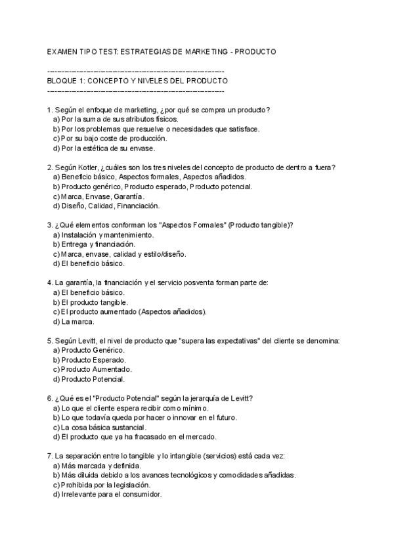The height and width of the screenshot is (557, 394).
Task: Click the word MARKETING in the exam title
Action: [x=204, y=51]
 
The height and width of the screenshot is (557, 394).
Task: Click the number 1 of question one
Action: [x=50, y=110]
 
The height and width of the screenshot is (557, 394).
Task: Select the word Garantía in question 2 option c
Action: [x=129, y=196]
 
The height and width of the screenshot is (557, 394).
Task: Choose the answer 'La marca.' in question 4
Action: [x=77, y=322]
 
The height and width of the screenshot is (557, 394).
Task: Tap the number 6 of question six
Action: [x=50, y=398]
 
